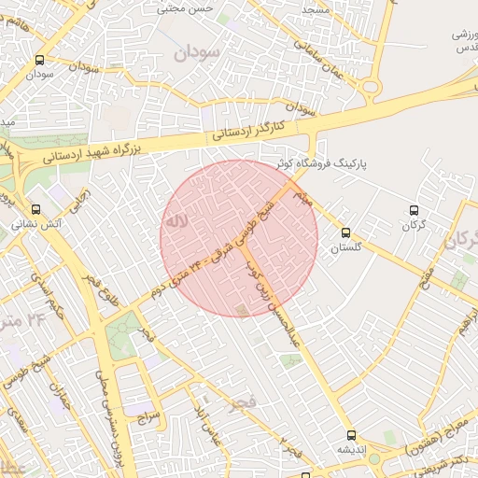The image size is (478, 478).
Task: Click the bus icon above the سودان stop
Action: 38,60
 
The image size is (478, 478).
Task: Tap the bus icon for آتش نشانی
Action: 35,209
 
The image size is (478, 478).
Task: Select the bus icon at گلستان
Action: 346,232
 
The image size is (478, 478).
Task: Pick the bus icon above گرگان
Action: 415,210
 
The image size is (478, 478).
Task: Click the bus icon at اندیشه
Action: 351,435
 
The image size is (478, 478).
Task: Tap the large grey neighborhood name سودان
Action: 196,52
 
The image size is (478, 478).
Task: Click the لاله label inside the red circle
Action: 176,222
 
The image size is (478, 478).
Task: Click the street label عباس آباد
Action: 205,423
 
